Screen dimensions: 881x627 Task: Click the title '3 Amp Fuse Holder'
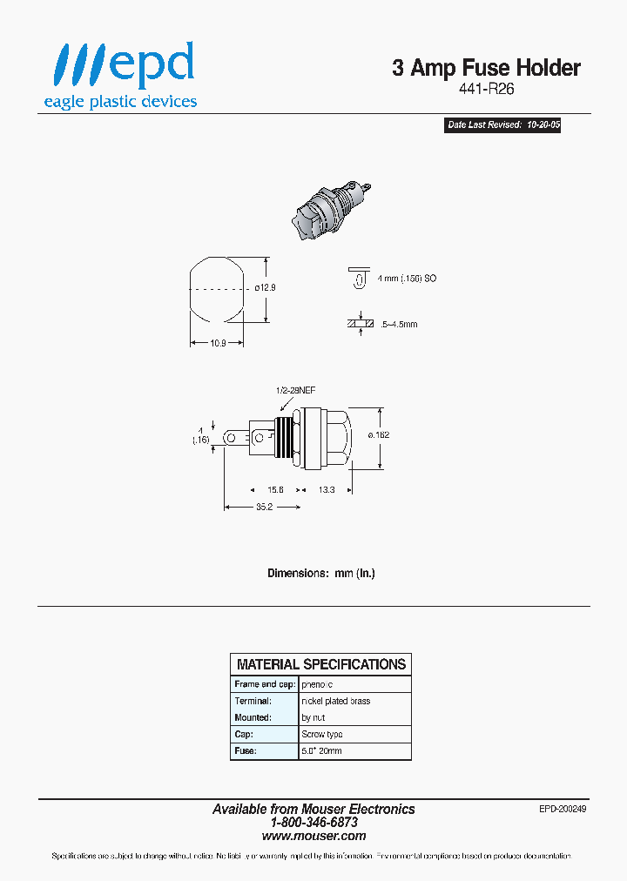coord(486,68)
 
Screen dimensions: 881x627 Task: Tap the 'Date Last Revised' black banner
coord(503,125)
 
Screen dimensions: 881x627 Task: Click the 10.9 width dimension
coord(218,343)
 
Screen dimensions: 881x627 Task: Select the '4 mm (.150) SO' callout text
coord(408,278)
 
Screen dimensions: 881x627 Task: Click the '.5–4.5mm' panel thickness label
coord(399,324)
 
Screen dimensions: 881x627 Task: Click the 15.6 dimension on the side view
coord(276,490)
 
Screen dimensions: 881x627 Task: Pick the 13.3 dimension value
coord(326,490)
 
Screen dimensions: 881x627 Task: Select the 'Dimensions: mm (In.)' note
coord(320,573)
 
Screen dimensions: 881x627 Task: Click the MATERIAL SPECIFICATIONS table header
coord(320,664)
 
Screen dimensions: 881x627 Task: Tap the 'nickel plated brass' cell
coord(336,701)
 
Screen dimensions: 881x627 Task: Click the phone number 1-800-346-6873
coord(313,822)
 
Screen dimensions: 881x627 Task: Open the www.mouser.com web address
coord(313,836)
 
